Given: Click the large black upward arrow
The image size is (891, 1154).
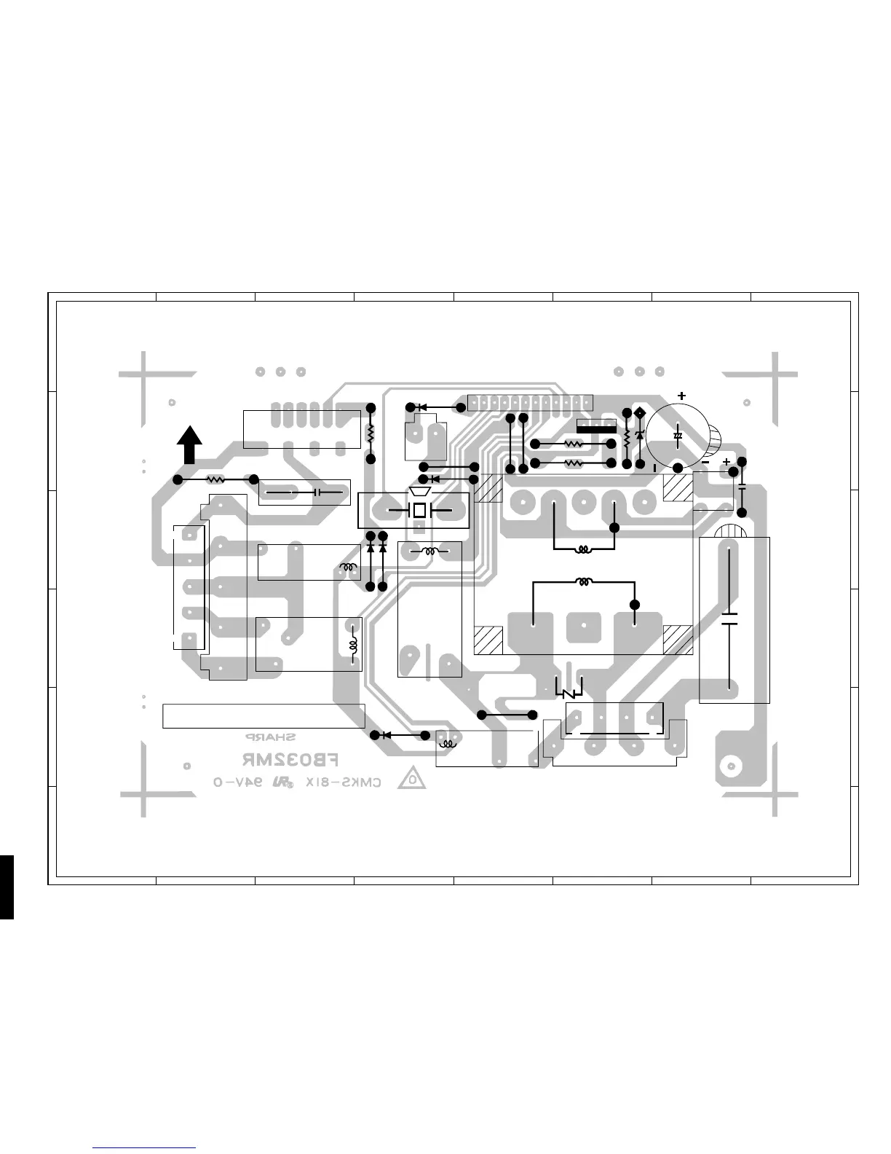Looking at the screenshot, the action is pyautogui.click(x=190, y=445).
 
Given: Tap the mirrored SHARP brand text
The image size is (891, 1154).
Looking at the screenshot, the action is pyautogui.click(x=270, y=737).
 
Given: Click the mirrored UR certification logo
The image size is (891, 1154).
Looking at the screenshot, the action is pyautogui.click(x=281, y=784).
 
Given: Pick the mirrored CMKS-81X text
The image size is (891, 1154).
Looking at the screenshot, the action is pyautogui.click(x=343, y=783).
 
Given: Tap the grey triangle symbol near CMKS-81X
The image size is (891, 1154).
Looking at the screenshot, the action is pyautogui.click(x=411, y=780).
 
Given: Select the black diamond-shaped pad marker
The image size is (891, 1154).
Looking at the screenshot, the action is pyautogui.click(x=640, y=414).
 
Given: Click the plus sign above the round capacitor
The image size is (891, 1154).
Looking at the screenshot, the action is pyautogui.click(x=681, y=396).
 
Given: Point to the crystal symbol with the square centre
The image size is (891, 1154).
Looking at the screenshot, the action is pyautogui.click(x=419, y=510).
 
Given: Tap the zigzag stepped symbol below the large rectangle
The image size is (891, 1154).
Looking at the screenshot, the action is pyautogui.click(x=569, y=688).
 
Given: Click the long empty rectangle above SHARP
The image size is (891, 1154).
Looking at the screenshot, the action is pyautogui.click(x=264, y=715).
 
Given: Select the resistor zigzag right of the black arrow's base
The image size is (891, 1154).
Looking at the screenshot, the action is pyautogui.click(x=215, y=479).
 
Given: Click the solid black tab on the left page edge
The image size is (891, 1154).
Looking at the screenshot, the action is pyautogui.click(x=7, y=887).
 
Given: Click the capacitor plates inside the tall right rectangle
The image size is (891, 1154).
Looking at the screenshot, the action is pyautogui.click(x=729, y=619).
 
